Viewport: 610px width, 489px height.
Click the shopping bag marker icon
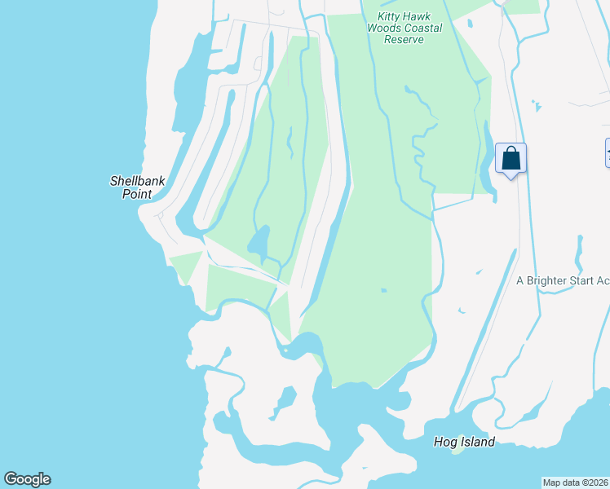(511, 158)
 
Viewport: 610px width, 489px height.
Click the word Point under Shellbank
(137, 194)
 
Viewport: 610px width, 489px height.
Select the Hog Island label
(464, 442)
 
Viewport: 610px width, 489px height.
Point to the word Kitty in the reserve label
(392, 16)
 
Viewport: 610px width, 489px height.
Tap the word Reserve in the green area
(404, 39)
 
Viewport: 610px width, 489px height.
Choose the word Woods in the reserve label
(383, 28)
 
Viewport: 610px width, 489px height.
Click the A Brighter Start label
(563, 280)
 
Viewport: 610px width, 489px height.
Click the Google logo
(27, 479)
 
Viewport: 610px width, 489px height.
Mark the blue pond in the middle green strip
(259, 241)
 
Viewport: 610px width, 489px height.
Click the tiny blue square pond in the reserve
(383, 289)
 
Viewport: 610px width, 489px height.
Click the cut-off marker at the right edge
(607, 152)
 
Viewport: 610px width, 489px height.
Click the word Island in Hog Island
(477, 442)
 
